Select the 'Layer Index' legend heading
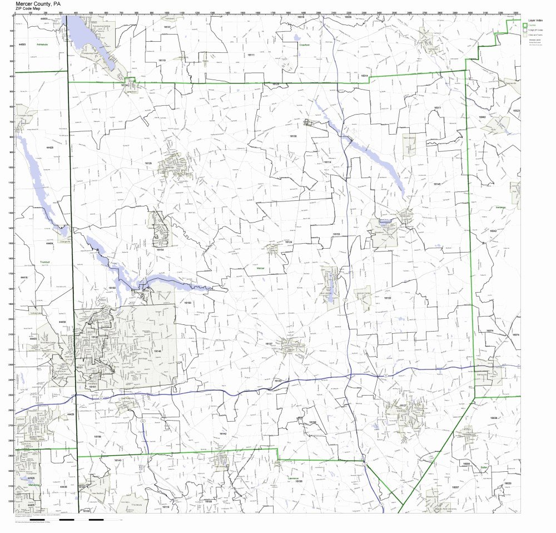(535, 20)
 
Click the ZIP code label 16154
(160, 250)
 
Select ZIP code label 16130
(293, 136)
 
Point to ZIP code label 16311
(437, 107)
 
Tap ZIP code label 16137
(269, 344)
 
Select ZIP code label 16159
(97, 437)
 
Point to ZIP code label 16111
(251, 55)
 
